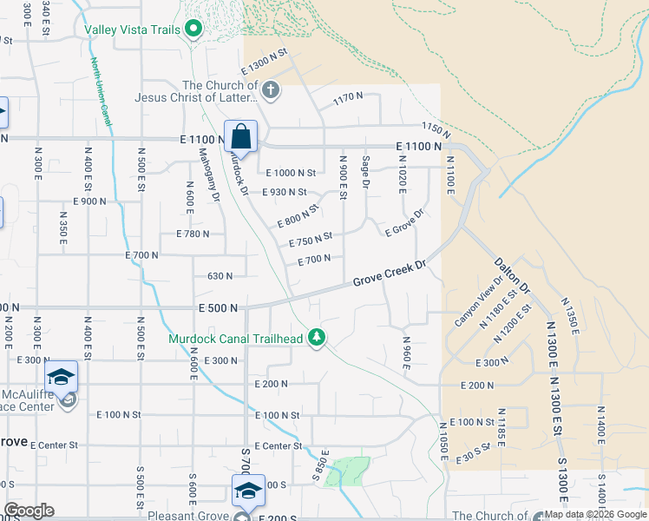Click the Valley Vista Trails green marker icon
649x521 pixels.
click(x=193, y=30)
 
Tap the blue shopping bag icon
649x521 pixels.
click(x=240, y=136)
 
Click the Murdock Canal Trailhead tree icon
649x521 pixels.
click(x=318, y=337)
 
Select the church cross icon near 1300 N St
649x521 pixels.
click(x=270, y=89)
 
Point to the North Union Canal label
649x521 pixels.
click(x=101, y=92)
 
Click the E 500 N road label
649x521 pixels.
click(x=218, y=307)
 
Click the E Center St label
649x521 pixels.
click(x=54, y=445)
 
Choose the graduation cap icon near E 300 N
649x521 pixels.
click(x=61, y=376)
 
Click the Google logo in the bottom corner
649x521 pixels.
click(x=29, y=510)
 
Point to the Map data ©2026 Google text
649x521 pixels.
click(x=595, y=514)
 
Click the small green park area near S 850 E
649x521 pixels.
click(x=347, y=471)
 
